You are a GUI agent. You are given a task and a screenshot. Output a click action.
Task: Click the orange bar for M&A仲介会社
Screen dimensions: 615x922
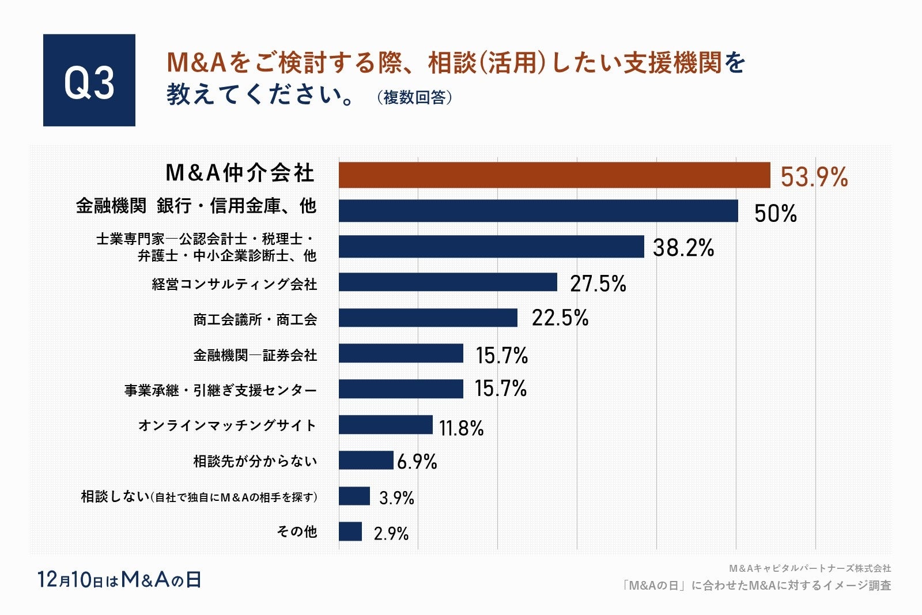pyautogui.click(x=554, y=175)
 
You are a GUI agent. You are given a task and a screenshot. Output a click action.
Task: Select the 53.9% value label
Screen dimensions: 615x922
pyautogui.click(x=814, y=176)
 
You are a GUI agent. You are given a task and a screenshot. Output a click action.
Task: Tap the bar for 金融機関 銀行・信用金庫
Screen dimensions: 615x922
pyautogui.click(x=538, y=210)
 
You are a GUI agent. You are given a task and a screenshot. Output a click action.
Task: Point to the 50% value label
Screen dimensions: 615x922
pyautogui.click(x=776, y=213)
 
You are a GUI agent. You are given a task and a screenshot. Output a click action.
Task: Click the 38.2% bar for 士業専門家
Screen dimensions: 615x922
pyautogui.click(x=491, y=247)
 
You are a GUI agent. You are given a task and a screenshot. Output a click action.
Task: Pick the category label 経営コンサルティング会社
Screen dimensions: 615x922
pyautogui.click(x=235, y=284)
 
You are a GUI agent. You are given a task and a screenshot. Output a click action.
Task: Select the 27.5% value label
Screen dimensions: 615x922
pyautogui.click(x=598, y=284)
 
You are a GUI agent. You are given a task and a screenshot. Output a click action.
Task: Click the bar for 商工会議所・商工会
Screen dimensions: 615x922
pyautogui.click(x=428, y=318)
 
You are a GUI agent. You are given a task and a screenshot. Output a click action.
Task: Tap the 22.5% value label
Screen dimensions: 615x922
pyautogui.click(x=560, y=318)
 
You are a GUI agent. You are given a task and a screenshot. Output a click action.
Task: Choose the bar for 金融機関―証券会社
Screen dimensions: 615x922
pyautogui.click(x=401, y=353)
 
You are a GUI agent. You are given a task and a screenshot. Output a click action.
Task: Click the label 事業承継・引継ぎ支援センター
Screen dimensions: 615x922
pyautogui.click(x=221, y=391)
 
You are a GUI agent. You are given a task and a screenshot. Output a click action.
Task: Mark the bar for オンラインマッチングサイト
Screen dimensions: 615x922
pyautogui.click(x=386, y=425)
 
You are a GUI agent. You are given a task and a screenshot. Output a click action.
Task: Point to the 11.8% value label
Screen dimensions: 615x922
pyautogui.click(x=461, y=428)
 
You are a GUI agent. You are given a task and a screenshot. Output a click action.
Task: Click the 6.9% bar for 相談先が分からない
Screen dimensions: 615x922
pyautogui.click(x=366, y=461)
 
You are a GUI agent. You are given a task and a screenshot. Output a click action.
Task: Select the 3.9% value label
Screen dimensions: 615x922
pyautogui.click(x=396, y=497)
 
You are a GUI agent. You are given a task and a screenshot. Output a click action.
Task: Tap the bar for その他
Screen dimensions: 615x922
pyautogui.click(x=350, y=531)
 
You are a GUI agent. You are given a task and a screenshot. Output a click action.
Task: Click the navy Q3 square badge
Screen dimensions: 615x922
pyautogui.click(x=89, y=80)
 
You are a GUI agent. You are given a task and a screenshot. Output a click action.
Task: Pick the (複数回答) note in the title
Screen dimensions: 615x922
pyautogui.click(x=414, y=97)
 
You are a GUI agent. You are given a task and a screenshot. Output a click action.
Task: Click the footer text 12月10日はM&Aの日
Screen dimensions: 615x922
pyautogui.click(x=119, y=580)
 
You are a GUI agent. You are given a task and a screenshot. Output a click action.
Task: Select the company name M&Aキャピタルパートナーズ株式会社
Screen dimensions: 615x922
pyautogui.click(x=810, y=568)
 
